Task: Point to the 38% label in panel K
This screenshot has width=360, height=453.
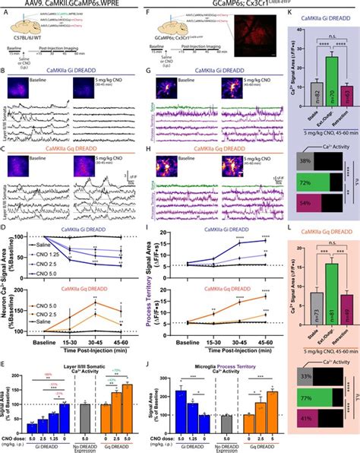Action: [280, 161]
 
